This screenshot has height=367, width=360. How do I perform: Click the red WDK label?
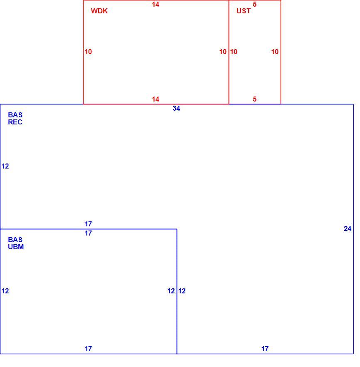click(99, 11)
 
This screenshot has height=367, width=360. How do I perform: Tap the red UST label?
click(243, 11)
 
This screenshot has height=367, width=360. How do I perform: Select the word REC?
click(15, 122)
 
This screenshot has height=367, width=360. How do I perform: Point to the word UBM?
click(16, 247)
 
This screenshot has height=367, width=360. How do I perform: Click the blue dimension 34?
click(176, 108)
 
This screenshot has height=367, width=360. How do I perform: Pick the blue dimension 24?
click(348, 229)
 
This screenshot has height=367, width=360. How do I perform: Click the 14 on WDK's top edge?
click(155, 4)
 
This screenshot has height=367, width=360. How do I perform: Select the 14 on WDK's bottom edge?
click(155, 99)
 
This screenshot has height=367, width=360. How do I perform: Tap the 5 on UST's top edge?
click(254, 4)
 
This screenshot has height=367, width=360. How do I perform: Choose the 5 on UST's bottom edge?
click(254, 99)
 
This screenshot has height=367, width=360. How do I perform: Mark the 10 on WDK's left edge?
click(88, 52)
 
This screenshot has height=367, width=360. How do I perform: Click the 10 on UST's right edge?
click(275, 52)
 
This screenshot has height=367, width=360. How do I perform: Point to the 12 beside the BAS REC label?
click(5, 166)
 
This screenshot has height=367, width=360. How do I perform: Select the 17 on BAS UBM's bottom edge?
click(88, 349)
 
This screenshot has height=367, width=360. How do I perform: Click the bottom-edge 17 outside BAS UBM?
click(265, 349)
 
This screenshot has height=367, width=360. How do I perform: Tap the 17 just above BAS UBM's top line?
click(88, 224)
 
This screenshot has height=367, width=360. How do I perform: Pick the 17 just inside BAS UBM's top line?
click(88, 233)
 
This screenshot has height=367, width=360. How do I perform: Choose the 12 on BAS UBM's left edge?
click(5, 291)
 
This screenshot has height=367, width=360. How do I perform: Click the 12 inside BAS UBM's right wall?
click(171, 291)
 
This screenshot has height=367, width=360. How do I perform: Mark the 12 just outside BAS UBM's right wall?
click(182, 291)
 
